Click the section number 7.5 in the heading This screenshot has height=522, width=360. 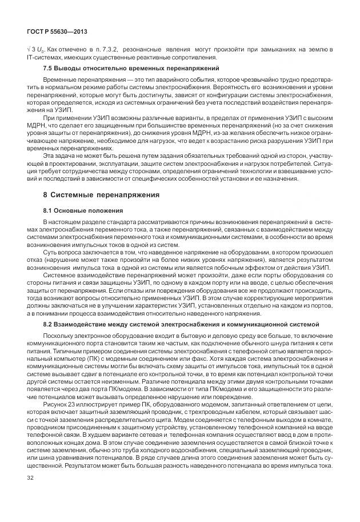click(49, 69)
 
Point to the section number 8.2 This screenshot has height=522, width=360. click(49, 325)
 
